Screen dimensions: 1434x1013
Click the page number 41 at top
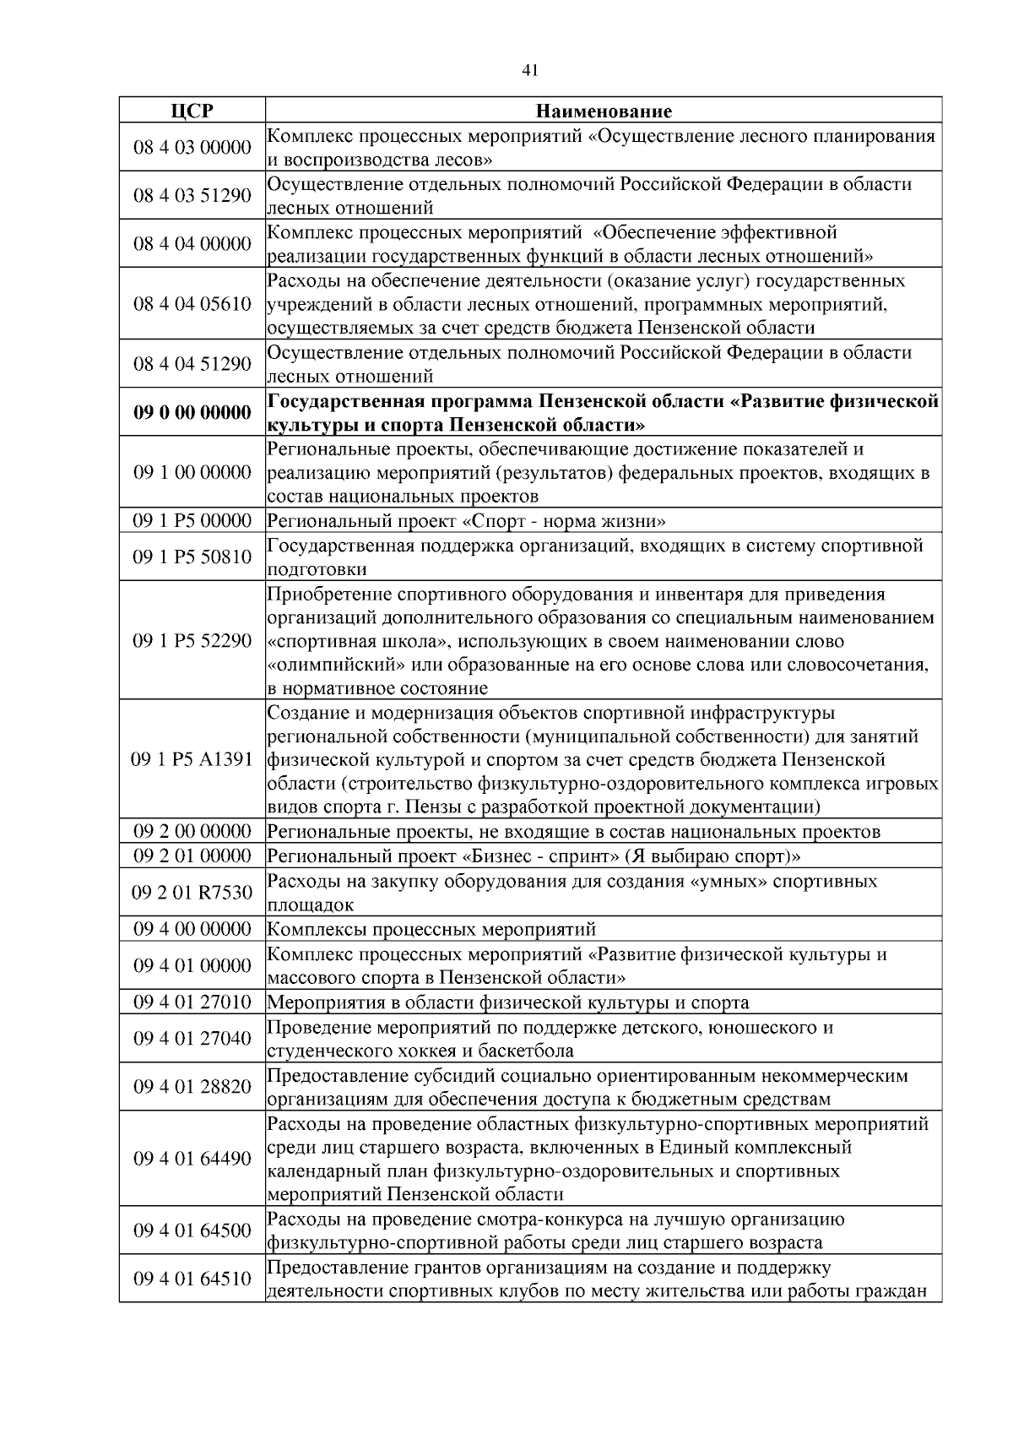click(x=530, y=71)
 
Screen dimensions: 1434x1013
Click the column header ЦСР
click(x=192, y=111)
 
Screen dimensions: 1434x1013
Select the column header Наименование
click(x=604, y=111)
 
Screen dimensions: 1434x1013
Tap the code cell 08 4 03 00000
click(x=192, y=148)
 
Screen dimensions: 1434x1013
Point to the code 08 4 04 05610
click(x=192, y=304)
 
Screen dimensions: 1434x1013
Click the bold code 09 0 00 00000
click(x=192, y=413)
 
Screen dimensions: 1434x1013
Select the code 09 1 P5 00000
click(x=192, y=521)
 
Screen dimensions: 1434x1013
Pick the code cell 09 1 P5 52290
click(x=192, y=641)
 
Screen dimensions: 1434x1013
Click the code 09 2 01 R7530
click(x=192, y=893)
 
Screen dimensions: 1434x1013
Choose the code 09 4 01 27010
click(x=192, y=1002)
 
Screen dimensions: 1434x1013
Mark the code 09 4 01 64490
click(x=192, y=1159)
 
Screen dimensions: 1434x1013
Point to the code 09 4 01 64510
click(x=192, y=1279)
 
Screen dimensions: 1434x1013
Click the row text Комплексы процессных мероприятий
click(x=431, y=930)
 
